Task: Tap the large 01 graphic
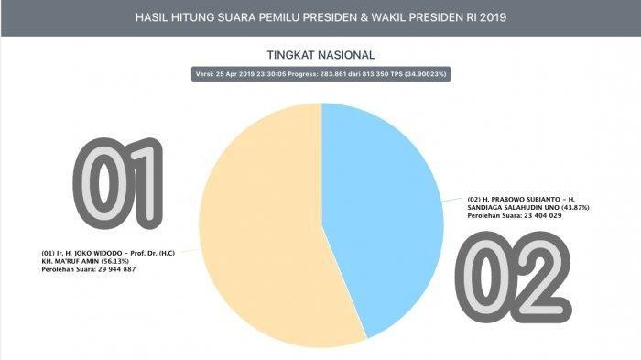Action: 118,183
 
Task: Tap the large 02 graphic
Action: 513,277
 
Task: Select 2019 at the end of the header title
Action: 493,17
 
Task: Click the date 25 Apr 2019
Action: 235,74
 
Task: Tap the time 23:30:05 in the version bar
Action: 271,74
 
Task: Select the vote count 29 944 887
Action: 116,269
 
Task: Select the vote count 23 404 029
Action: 542,215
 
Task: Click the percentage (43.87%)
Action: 575,207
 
